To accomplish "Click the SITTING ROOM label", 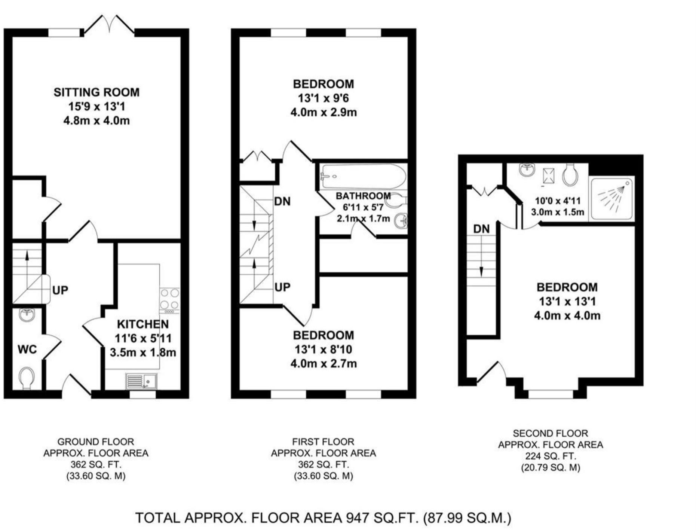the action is point(96,92).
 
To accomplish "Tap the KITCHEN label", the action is point(143,324).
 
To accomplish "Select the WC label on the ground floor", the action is point(27,349).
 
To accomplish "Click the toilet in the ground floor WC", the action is point(26,378).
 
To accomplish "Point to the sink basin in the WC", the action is point(26,315).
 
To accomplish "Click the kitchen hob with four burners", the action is point(169,300).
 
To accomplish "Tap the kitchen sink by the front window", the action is point(142,381).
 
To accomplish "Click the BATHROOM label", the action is point(363,196).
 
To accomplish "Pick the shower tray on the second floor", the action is point(611,199).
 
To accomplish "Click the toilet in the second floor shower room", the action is point(570,174).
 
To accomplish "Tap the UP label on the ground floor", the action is point(60,290).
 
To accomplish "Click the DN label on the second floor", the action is point(481,229).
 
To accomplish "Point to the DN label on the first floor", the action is point(282,202).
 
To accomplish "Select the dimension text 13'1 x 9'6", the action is point(323,98).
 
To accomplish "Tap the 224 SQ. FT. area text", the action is point(551,456).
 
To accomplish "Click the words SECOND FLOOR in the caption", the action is point(551,433).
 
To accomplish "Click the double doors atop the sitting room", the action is point(109,25).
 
